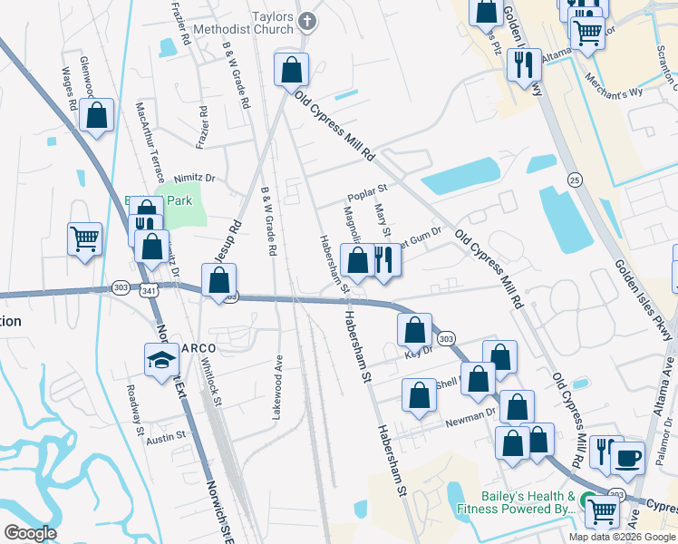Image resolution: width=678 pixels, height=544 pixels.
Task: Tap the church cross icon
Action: (x=308, y=20)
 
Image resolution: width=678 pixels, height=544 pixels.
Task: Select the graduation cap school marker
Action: (x=162, y=360)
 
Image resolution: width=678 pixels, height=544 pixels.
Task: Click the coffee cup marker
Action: (x=627, y=458)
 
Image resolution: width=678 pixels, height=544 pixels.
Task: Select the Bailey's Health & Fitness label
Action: (x=526, y=502)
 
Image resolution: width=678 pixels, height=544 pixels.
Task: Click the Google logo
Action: (x=30, y=533)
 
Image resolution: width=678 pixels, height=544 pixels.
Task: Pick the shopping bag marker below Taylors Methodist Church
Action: (x=292, y=70)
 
